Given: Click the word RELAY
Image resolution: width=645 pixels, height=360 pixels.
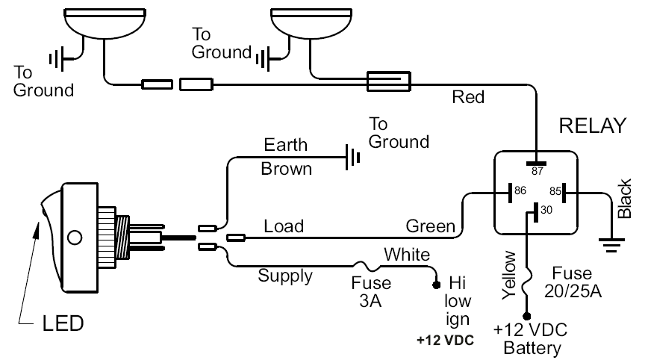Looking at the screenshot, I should (592, 125).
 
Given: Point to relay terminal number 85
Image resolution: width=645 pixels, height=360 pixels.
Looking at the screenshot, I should (555, 192).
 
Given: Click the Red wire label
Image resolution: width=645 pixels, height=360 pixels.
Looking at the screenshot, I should (468, 97).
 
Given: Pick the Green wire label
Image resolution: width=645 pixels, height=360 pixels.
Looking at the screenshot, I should (430, 225).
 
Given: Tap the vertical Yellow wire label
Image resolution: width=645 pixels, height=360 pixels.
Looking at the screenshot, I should (511, 276).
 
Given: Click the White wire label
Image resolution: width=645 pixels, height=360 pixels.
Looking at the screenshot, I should (406, 255).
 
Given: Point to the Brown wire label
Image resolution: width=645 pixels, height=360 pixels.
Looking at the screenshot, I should (286, 169).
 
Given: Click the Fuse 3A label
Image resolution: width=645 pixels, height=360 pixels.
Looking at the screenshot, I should (371, 292).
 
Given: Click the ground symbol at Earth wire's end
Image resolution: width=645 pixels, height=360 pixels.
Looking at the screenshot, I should (352, 157).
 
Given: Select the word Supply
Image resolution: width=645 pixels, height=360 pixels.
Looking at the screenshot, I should (285, 276).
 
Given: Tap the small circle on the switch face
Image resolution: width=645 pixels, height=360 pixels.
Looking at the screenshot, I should (74, 239).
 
